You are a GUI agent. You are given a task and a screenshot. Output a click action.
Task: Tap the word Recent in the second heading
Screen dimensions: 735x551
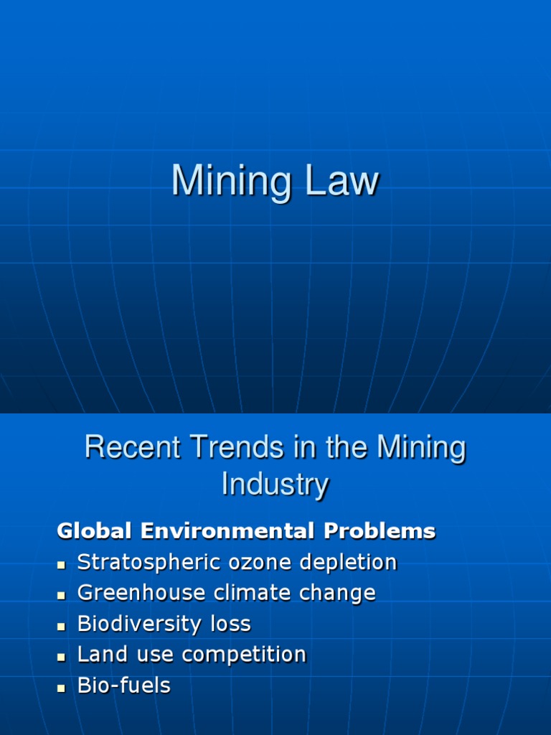point(132,448)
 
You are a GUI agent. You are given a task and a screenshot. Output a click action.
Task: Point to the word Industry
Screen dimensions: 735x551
point(275,484)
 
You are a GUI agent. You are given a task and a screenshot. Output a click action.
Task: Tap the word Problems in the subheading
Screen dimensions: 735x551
point(380,531)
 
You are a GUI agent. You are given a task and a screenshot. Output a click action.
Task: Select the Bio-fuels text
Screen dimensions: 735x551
point(123,685)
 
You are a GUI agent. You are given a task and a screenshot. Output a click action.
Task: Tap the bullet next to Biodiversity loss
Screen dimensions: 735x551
point(62,626)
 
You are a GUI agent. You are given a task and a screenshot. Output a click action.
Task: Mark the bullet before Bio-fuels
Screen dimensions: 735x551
point(62,688)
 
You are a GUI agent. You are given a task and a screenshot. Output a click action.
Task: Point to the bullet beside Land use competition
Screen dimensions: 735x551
point(62,657)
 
